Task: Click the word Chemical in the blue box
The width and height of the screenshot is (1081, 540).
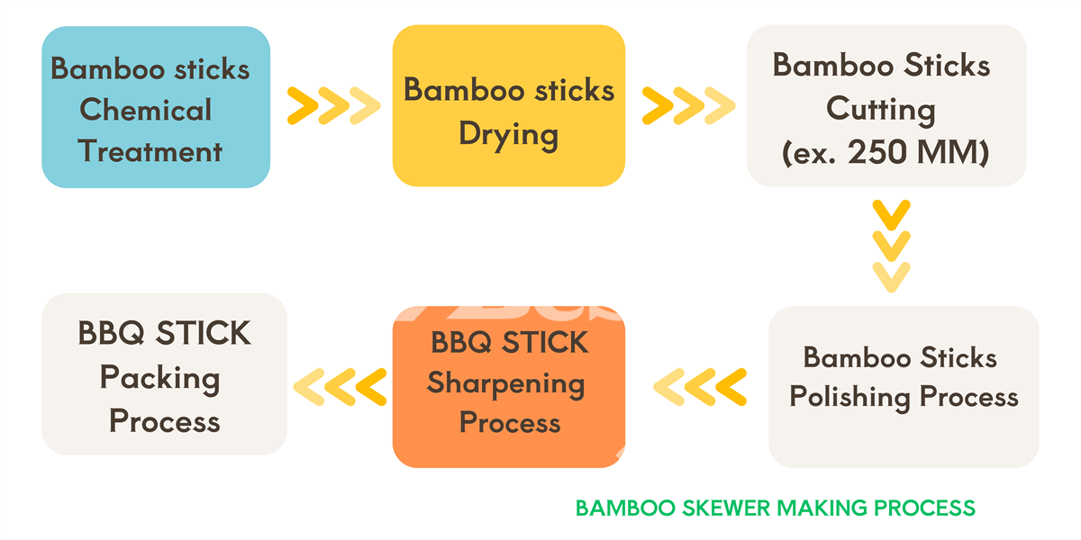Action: tap(145, 110)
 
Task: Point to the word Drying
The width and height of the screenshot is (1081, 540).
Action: tap(508, 134)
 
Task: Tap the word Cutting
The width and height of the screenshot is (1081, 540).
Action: tap(881, 110)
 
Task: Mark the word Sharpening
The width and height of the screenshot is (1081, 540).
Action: tap(505, 383)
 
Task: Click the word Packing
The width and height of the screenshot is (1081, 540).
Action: tap(159, 378)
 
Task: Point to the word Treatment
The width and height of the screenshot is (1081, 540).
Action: tap(150, 150)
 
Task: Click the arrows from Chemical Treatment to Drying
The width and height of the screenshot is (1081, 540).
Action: tap(332, 105)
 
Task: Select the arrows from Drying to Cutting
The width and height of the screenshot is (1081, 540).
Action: tap(687, 105)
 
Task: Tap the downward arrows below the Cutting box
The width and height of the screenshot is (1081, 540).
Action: tap(891, 246)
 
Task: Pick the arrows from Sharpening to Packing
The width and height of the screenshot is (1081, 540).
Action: tap(341, 386)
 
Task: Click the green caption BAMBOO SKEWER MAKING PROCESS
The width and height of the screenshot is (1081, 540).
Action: tap(775, 508)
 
